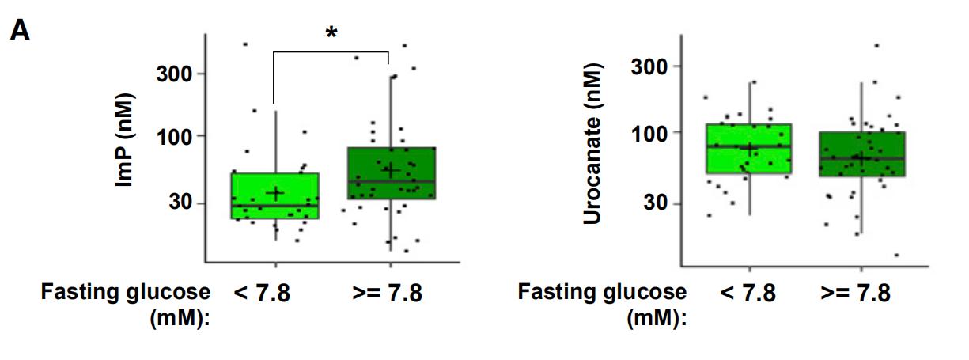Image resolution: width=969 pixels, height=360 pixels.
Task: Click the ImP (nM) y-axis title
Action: (126, 140)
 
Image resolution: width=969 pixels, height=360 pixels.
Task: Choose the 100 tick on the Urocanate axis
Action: (647, 132)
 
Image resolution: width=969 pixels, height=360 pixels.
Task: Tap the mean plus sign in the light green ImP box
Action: (275, 193)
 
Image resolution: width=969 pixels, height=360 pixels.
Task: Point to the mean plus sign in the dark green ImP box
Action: (390, 169)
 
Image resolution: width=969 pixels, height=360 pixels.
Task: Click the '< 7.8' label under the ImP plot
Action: (262, 294)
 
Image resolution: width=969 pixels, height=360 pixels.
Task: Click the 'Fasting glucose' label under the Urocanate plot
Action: (603, 293)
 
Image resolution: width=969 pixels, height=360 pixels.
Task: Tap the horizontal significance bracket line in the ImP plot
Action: (331, 52)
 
